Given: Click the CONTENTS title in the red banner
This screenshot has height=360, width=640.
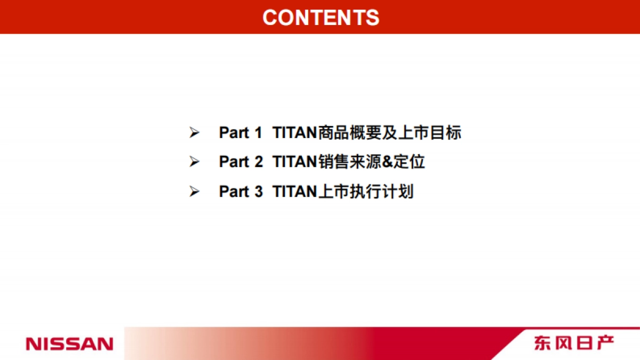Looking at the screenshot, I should (x=321, y=17).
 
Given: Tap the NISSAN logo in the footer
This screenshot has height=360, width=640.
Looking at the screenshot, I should (x=69, y=343).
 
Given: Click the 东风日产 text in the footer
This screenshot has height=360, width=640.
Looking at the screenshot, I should (x=573, y=343).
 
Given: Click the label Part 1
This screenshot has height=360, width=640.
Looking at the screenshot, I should (x=241, y=133).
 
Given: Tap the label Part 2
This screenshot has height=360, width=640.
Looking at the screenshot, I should (x=241, y=162).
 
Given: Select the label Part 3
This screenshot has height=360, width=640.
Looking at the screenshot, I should (x=241, y=191).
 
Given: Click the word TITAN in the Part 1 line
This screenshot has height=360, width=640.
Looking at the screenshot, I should (x=294, y=133).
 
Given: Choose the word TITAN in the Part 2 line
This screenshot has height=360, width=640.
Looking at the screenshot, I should (x=294, y=162).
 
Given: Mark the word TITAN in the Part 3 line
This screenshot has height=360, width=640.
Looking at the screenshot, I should (x=294, y=191).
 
